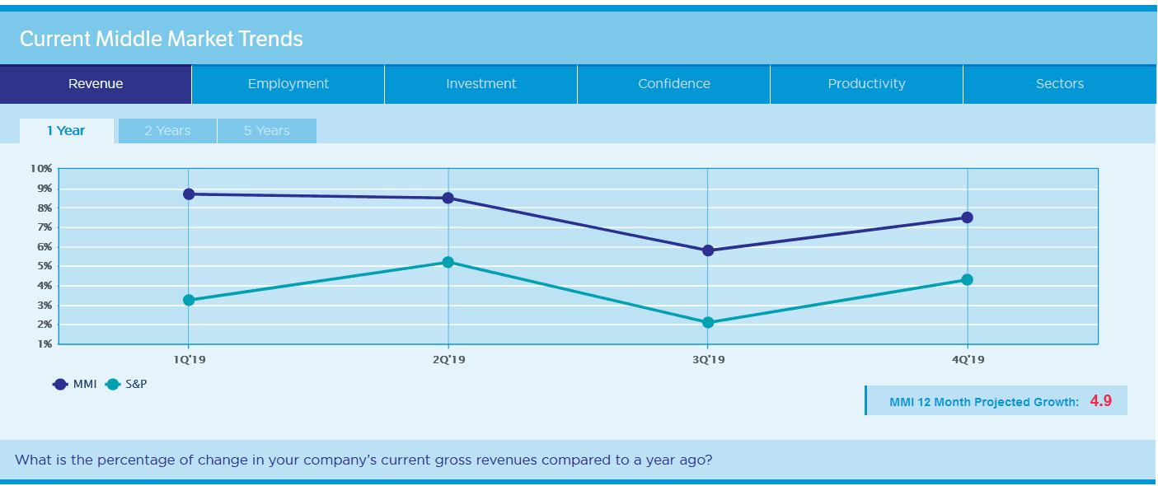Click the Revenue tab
pos(96,84)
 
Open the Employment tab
pos(288,84)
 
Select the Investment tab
pos(481,84)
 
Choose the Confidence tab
pos(674,84)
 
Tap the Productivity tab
pos(867,84)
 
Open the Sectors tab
pos(1060,84)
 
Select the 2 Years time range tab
pos(167,131)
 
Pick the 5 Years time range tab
pos(266,131)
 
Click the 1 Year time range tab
pos(66,131)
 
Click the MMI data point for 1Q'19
pos(189,194)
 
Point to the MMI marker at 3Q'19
pos(708,250)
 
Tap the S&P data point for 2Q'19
pos(448,262)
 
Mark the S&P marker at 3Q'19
pos(708,322)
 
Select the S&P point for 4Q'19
pos(968,279)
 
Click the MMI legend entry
pos(75,384)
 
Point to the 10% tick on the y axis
pos(41,168)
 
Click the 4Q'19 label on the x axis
pos(968,360)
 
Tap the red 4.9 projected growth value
pos(1101,401)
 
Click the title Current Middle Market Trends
pos(162,39)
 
